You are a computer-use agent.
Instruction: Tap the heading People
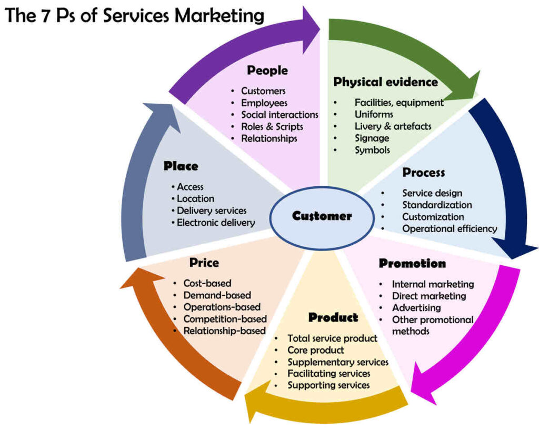coord(267,70)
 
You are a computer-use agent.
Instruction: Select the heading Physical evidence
coord(385,82)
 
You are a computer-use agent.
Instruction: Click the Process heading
coord(423,173)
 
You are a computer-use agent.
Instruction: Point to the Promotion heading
coord(412,263)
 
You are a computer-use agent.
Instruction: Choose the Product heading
coord(333,317)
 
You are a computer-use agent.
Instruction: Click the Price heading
coord(204,262)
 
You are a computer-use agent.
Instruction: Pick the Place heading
coord(181,166)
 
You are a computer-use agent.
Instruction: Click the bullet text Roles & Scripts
coord(272,126)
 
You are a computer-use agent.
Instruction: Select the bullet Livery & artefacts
coord(393,126)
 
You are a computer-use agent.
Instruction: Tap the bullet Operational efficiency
coord(450,228)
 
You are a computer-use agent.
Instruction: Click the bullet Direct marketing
coord(428,296)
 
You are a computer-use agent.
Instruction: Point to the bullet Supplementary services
coord(337,362)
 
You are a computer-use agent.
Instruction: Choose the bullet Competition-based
coord(225,319)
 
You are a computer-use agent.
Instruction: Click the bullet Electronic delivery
coord(215,223)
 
